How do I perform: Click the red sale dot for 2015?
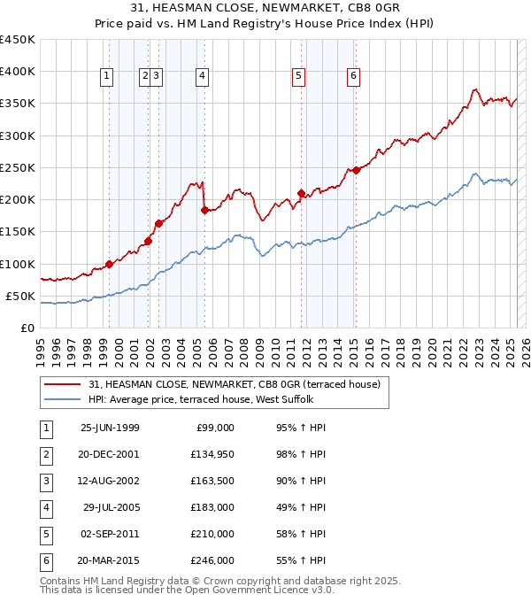[x=355, y=170]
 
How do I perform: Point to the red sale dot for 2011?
[x=301, y=193]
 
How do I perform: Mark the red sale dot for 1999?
[x=109, y=264]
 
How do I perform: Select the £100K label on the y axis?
[x=18, y=264]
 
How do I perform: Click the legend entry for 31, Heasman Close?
[x=235, y=384]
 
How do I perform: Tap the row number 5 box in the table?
[x=45, y=534]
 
